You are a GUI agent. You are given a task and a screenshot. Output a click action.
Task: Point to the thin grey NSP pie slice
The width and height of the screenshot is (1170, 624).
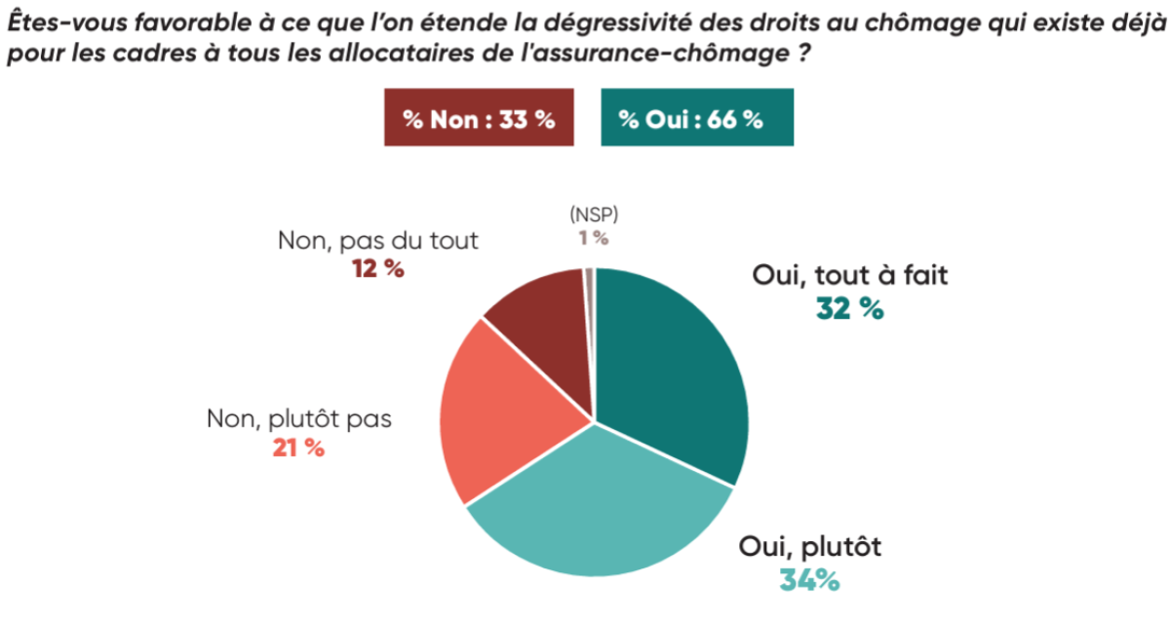589,292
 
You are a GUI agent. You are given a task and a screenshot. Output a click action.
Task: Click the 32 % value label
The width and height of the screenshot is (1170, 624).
849,310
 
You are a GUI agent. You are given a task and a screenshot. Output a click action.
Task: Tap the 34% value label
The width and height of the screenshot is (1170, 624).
808,580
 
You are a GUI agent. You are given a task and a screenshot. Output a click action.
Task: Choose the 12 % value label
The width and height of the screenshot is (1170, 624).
377,268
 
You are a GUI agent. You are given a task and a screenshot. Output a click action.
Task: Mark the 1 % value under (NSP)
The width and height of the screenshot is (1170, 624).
592,238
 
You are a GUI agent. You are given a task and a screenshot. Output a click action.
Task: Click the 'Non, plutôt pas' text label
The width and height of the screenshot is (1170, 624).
298,419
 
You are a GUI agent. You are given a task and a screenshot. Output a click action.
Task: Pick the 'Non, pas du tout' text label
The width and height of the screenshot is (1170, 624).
378,241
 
